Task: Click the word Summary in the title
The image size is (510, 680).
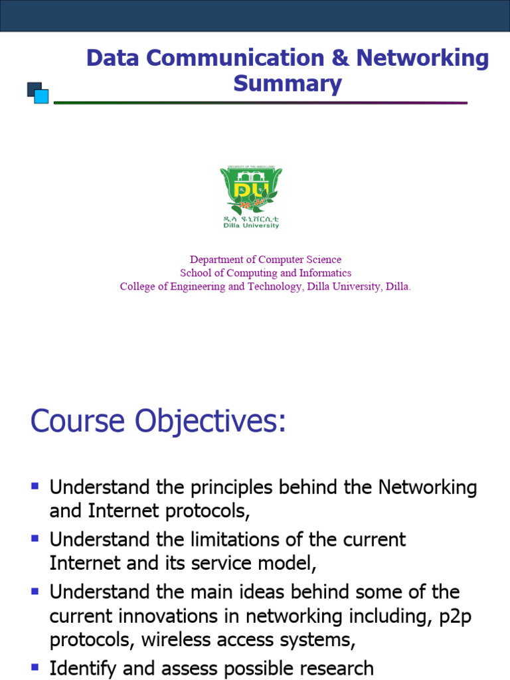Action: (288, 84)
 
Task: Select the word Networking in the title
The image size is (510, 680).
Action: (422, 58)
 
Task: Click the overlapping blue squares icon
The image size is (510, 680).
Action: (38, 92)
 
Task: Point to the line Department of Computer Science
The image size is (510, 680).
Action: (266, 260)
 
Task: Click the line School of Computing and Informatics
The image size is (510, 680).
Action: (266, 273)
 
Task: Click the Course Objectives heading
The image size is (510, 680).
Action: (158, 422)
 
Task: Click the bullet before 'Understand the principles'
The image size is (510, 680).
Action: (35, 486)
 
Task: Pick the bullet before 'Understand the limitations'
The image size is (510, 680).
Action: (35, 537)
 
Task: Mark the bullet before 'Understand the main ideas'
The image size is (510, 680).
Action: (35, 589)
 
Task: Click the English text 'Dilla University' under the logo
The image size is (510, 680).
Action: (251, 225)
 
